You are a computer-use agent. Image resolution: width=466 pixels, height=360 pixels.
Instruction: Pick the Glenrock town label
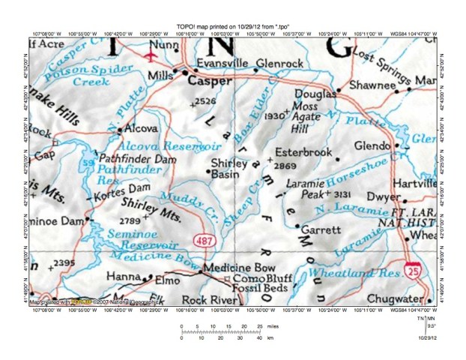coord(279,64)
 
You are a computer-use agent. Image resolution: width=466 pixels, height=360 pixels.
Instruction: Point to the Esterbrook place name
coord(303,151)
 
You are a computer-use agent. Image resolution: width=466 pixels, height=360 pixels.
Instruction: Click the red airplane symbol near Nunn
coord(152,55)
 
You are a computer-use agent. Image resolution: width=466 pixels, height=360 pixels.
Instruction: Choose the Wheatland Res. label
coord(356,271)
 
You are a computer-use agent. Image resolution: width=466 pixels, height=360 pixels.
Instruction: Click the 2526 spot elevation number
coord(205,100)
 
